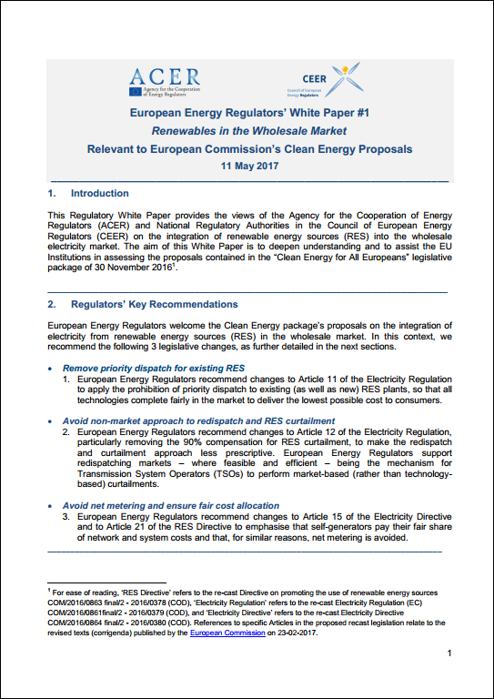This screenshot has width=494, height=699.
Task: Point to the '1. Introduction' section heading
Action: [x=87, y=194]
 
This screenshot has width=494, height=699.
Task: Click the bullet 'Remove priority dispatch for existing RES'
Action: [x=160, y=368]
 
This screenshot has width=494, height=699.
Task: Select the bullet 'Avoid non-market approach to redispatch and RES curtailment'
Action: [x=198, y=421]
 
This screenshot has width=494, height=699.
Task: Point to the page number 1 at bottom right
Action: [x=449, y=654]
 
